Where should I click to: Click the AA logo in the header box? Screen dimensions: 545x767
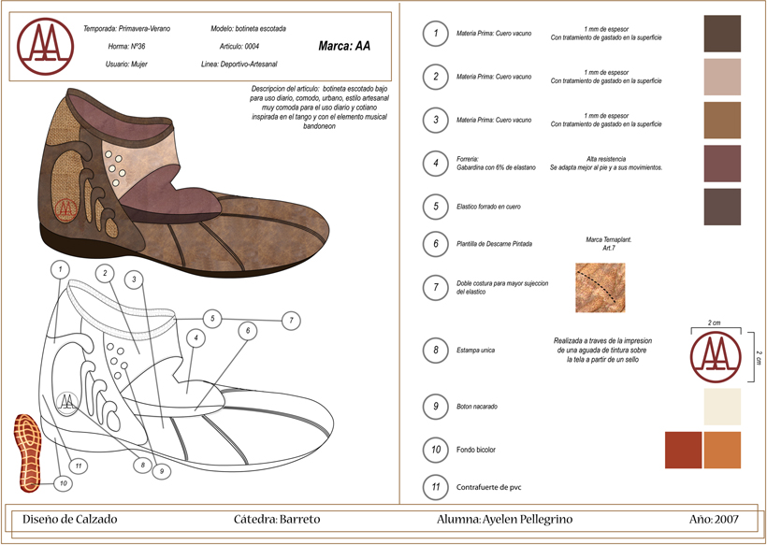coord(47,45)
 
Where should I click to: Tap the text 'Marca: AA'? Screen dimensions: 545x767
coord(344,45)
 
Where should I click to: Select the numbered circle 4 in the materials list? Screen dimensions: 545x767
coord(435,164)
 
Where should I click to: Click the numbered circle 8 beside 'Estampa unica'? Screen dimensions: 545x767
coord(435,351)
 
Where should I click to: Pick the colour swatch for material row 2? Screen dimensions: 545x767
coord(722,77)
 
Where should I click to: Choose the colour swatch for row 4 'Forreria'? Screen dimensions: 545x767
coord(722,164)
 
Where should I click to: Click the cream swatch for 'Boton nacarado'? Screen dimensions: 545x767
coord(722,407)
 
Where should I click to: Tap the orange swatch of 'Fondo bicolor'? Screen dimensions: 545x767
coord(722,450)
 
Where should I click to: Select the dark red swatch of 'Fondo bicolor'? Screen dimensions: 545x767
coord(683,450)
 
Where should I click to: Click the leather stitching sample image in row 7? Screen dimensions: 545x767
coord(601,288)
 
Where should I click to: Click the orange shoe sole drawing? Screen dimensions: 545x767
coord(29,452)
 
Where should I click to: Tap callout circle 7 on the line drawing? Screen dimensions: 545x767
coord(292,321)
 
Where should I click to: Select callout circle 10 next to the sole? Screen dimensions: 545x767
coord(63,483)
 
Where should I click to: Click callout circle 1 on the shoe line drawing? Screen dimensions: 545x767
coord(59,269)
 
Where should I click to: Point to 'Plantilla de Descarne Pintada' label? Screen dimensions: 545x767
coord(494,244)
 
